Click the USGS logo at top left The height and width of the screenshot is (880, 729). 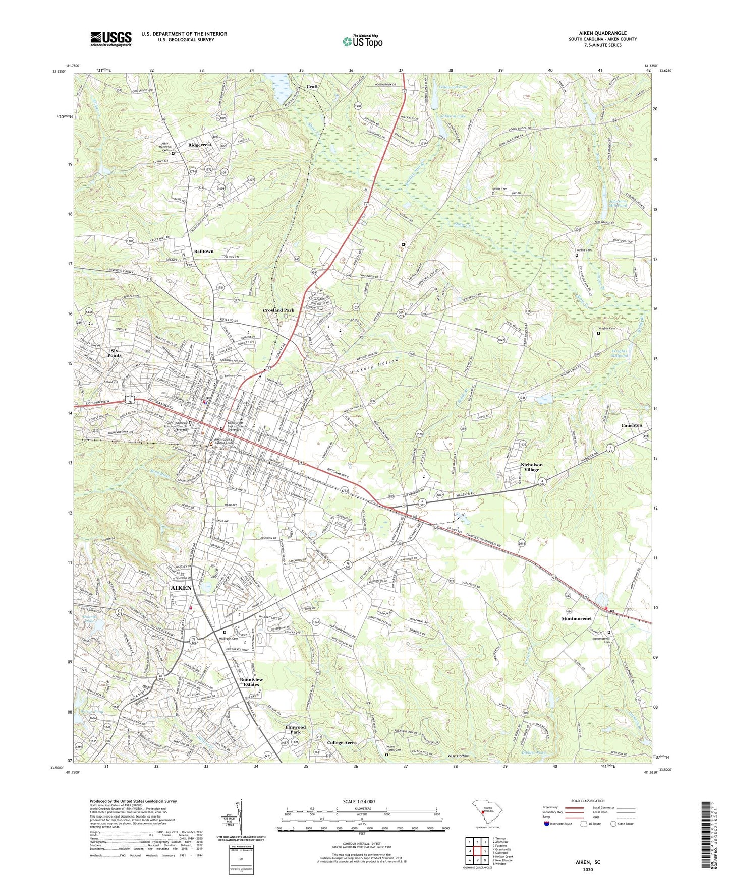(x=111, y=39)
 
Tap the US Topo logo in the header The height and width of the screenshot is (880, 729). (x=362, y=41)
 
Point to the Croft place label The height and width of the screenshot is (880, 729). (x=312, y=87)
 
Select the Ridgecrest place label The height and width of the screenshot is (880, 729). (x=200, y=145)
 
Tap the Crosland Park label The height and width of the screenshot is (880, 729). (x=278, y=310)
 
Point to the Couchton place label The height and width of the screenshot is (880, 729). (x=632, y=425)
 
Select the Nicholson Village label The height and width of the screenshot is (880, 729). (x=531, y=467)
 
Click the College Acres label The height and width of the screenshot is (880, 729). (x=342, y=742)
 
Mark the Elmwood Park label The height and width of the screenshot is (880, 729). (x=295, y=729)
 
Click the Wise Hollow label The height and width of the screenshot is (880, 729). (x=458, y=756)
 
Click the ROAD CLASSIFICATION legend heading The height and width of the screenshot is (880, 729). (x=587, y=801)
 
